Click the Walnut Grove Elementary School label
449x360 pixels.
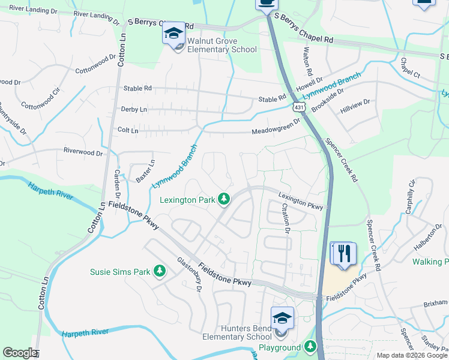pos(221,45)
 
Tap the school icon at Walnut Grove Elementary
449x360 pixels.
pos(173,33)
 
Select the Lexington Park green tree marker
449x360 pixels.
pos(224,199)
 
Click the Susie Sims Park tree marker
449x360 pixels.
pos(160,272)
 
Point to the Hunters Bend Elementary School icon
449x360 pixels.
pos(282,319)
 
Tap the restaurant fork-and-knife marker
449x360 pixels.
pos(344,253)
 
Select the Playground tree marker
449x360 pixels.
pos(310,347)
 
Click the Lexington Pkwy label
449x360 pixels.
pos(301,201)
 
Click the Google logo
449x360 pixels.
pos(20,353)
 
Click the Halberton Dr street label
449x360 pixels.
pos(427,239)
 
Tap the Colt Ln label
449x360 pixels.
pos(128,130)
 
